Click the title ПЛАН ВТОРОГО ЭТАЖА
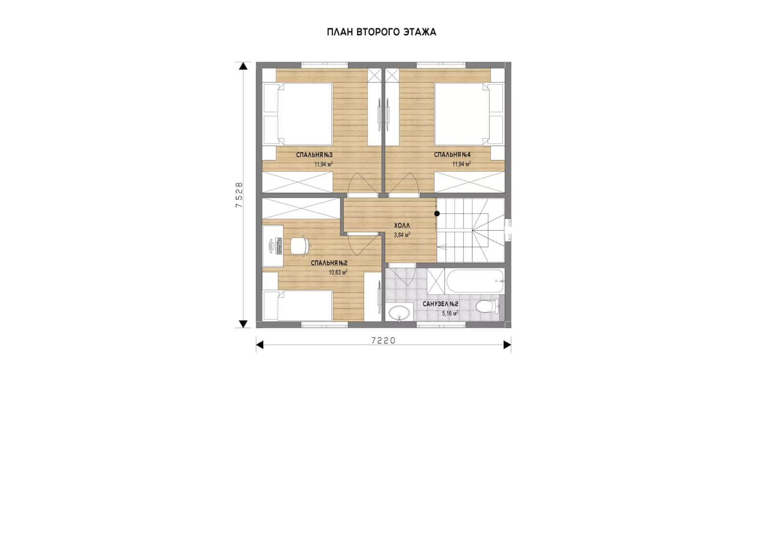coord(381,32)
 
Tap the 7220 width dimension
coord(383,340)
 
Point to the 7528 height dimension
coord(239,195)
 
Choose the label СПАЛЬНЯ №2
coord(329,263)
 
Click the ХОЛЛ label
coord(402,226)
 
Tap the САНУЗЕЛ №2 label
coord(440,304)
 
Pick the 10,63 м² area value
coord(338,273)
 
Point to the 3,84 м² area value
coord(402,235)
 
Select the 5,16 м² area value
coord(450,314)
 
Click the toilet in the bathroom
coord(487,306)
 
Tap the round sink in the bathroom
coord(399,313)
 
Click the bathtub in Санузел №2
coord(475,281)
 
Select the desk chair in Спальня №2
coord(300,246)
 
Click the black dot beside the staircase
coord(437,213)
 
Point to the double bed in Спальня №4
coord(469,114)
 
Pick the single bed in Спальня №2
coord(298,306)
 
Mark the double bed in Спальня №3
coord(298,114)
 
